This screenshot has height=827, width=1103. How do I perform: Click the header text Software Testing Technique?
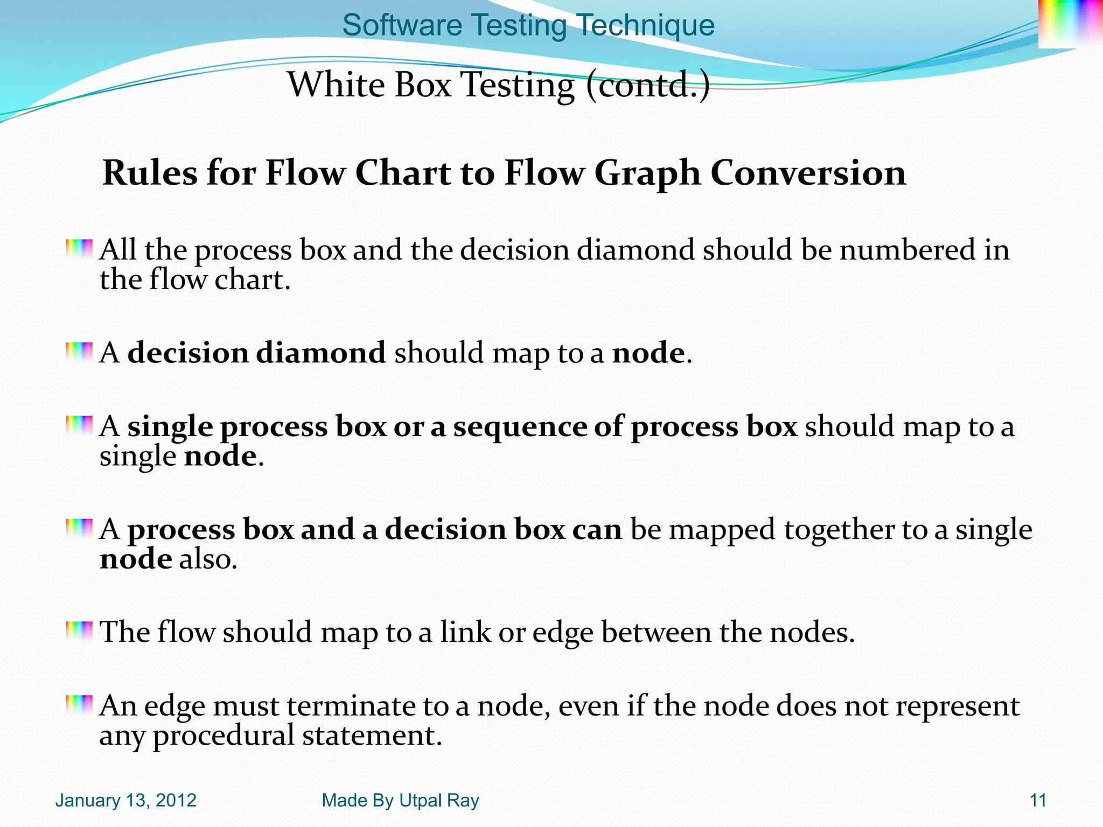pos(528,25)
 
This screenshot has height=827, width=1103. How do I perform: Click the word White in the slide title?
pos(336,85)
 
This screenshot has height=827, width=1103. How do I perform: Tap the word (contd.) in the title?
pos(648,85)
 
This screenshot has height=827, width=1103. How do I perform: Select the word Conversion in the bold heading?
pos(808,173)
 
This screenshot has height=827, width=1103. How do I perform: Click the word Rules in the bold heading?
pos(150,173)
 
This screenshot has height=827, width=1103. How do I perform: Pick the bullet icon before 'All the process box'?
pos(79,249)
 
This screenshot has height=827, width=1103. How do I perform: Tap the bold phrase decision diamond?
pos(256,353)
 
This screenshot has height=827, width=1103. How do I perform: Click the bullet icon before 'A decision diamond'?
pos(79,352)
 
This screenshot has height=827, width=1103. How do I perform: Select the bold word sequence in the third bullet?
pos(519,427)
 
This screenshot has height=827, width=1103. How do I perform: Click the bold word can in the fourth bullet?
pos(596,529)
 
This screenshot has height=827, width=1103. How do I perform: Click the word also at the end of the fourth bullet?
pos(208,559)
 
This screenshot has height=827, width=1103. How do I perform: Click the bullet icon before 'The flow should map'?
pos(79,630)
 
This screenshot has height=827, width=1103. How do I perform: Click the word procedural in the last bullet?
pos(224,736)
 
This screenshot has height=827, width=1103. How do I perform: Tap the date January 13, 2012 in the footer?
pos(125,801)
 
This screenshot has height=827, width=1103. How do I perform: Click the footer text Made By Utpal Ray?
pos(400,801)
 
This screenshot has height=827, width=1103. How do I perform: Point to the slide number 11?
pos(1037,801)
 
